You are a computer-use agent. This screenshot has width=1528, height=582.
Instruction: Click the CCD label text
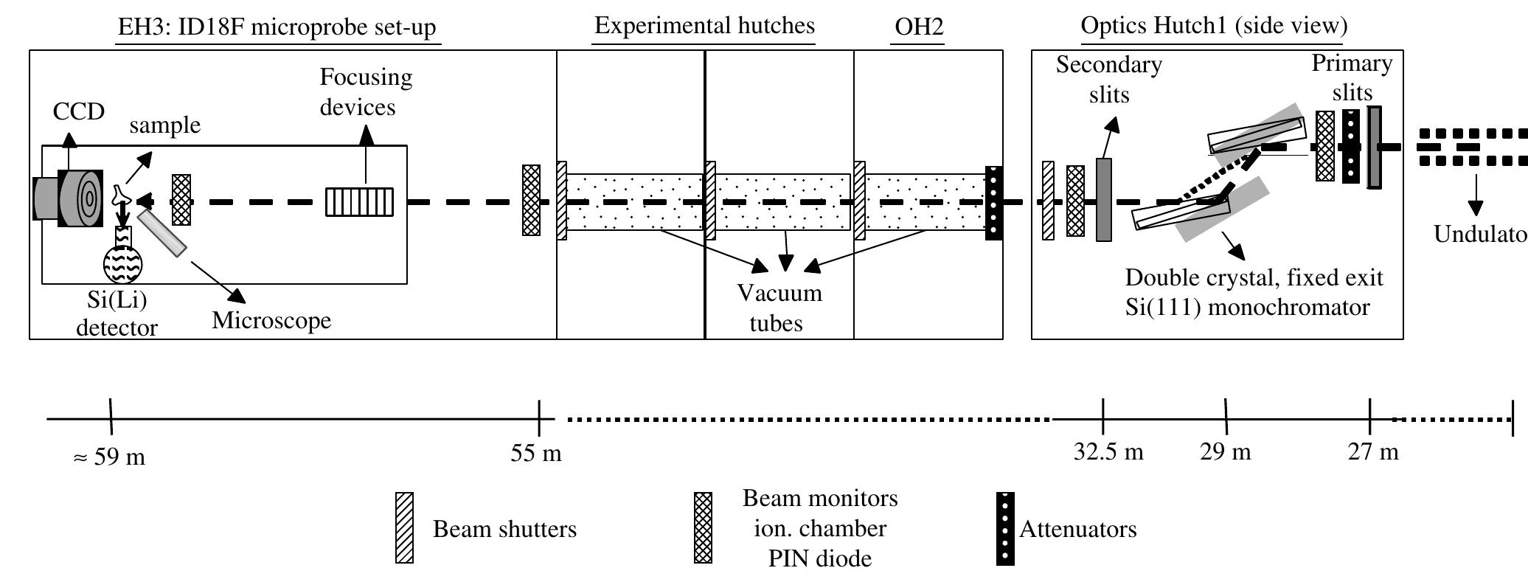pos(79,111)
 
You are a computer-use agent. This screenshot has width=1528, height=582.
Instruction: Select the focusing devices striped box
pos(359,202)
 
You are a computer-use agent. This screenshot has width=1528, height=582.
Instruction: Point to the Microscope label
pos(271,320)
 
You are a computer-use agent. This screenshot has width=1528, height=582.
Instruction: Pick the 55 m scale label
pos(536,453)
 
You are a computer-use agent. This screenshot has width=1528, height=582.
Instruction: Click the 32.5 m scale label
pos(1108,451)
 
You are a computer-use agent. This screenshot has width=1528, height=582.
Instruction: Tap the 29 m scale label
pos(1226,451)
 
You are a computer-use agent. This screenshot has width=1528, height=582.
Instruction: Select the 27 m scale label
pos(1373,451)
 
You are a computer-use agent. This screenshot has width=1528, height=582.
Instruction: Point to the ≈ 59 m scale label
pos(109,457)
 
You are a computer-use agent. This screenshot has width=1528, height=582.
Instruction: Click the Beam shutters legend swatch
pos(404,527)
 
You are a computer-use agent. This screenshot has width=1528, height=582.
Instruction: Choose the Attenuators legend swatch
pos(1005,529)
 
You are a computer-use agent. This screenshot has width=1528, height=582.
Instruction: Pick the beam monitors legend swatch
pos(704,527)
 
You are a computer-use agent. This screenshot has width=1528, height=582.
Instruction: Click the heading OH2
pos(918,27)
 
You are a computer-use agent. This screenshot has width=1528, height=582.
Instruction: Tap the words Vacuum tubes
pos(779,308)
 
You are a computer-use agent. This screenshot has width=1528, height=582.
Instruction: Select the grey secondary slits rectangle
pos(1103,199)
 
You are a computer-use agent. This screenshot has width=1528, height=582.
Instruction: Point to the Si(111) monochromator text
pos(1247,307)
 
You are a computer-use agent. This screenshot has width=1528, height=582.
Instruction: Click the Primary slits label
pos(1352,77)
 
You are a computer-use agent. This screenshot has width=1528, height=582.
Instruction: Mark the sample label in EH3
pos(164,125)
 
